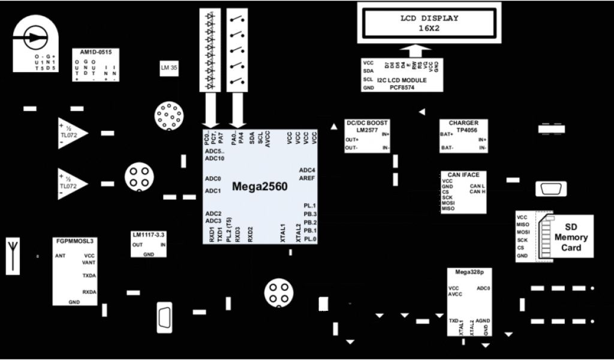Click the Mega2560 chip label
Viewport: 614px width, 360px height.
[260, 187]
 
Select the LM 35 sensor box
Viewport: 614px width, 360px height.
[168, 68]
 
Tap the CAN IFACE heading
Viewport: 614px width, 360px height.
[463, 175]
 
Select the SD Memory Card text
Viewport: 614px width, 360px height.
[570, 237]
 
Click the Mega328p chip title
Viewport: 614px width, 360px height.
[469, 272]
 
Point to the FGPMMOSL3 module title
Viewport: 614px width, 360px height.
[74, 241]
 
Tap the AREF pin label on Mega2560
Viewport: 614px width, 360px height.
[308, 178]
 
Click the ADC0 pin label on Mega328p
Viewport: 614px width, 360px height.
[483, 289]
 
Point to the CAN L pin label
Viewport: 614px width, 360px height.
[477, 185]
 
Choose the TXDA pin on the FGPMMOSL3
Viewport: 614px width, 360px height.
[89, 276]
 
